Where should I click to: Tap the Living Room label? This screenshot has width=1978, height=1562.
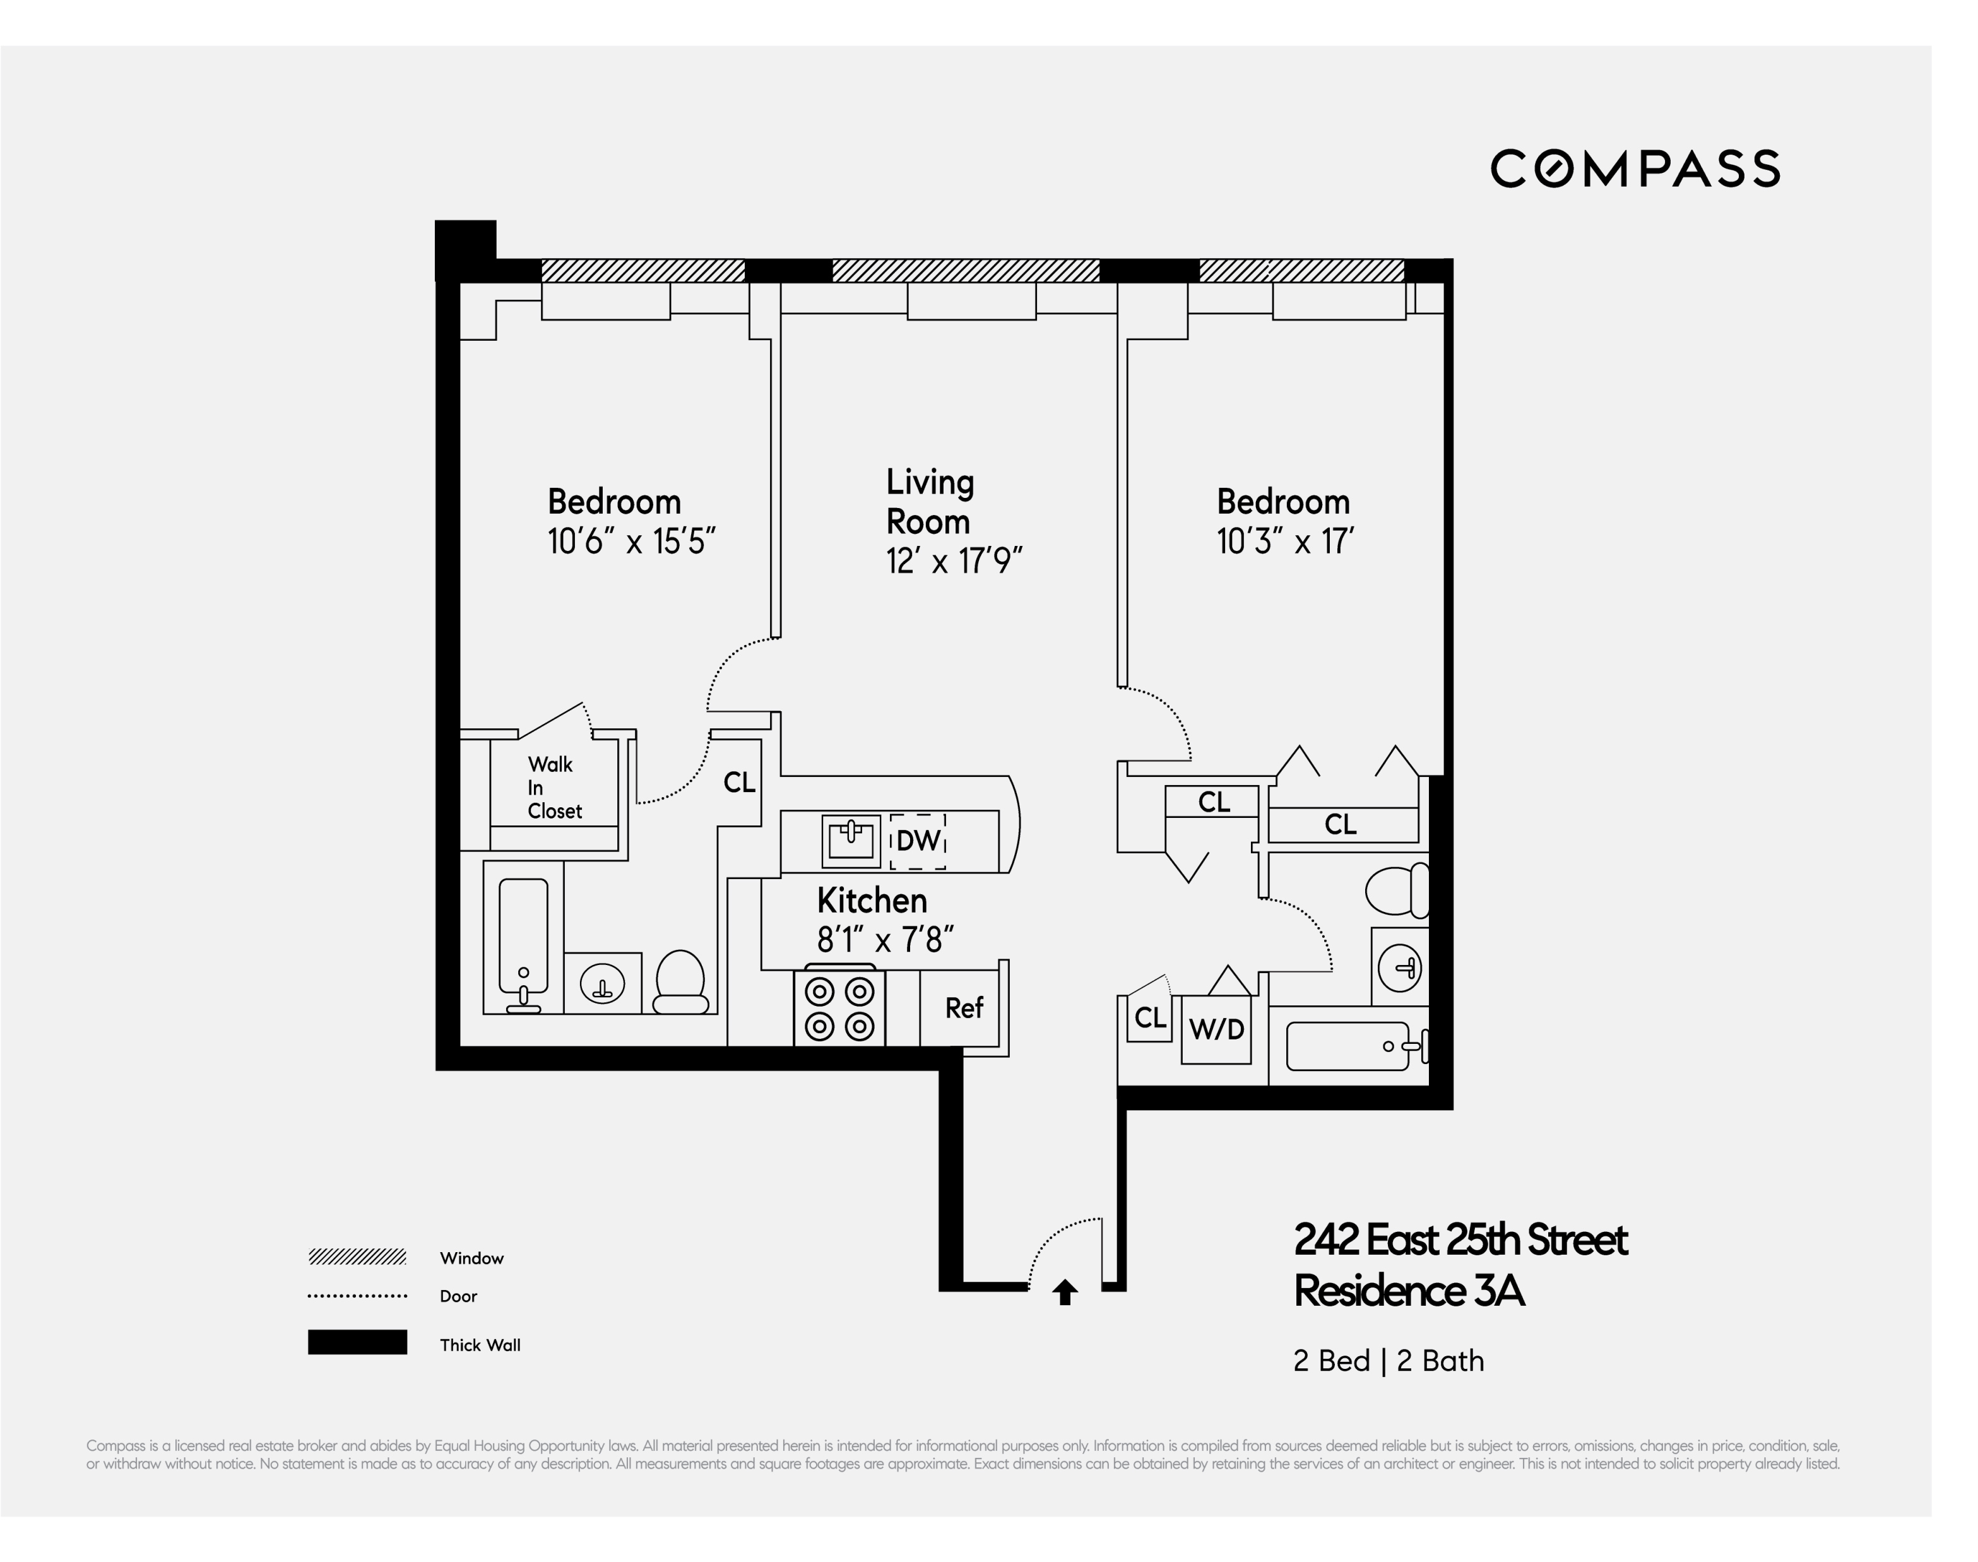click(929, 501)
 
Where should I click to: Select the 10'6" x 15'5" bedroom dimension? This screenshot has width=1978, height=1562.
click(631, 541)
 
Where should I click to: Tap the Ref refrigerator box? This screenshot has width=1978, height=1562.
click(963, 1008)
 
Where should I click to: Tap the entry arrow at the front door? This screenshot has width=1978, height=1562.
click(1065, 1293)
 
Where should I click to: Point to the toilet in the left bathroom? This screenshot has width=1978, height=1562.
click(680, 981)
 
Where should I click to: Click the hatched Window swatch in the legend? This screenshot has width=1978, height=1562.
click(357, 1257)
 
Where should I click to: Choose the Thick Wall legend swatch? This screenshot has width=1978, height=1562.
click(357, 1342)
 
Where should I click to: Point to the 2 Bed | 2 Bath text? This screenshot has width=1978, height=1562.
click(1387, 1361)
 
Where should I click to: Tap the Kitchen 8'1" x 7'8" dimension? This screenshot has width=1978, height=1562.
click(884, 939)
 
